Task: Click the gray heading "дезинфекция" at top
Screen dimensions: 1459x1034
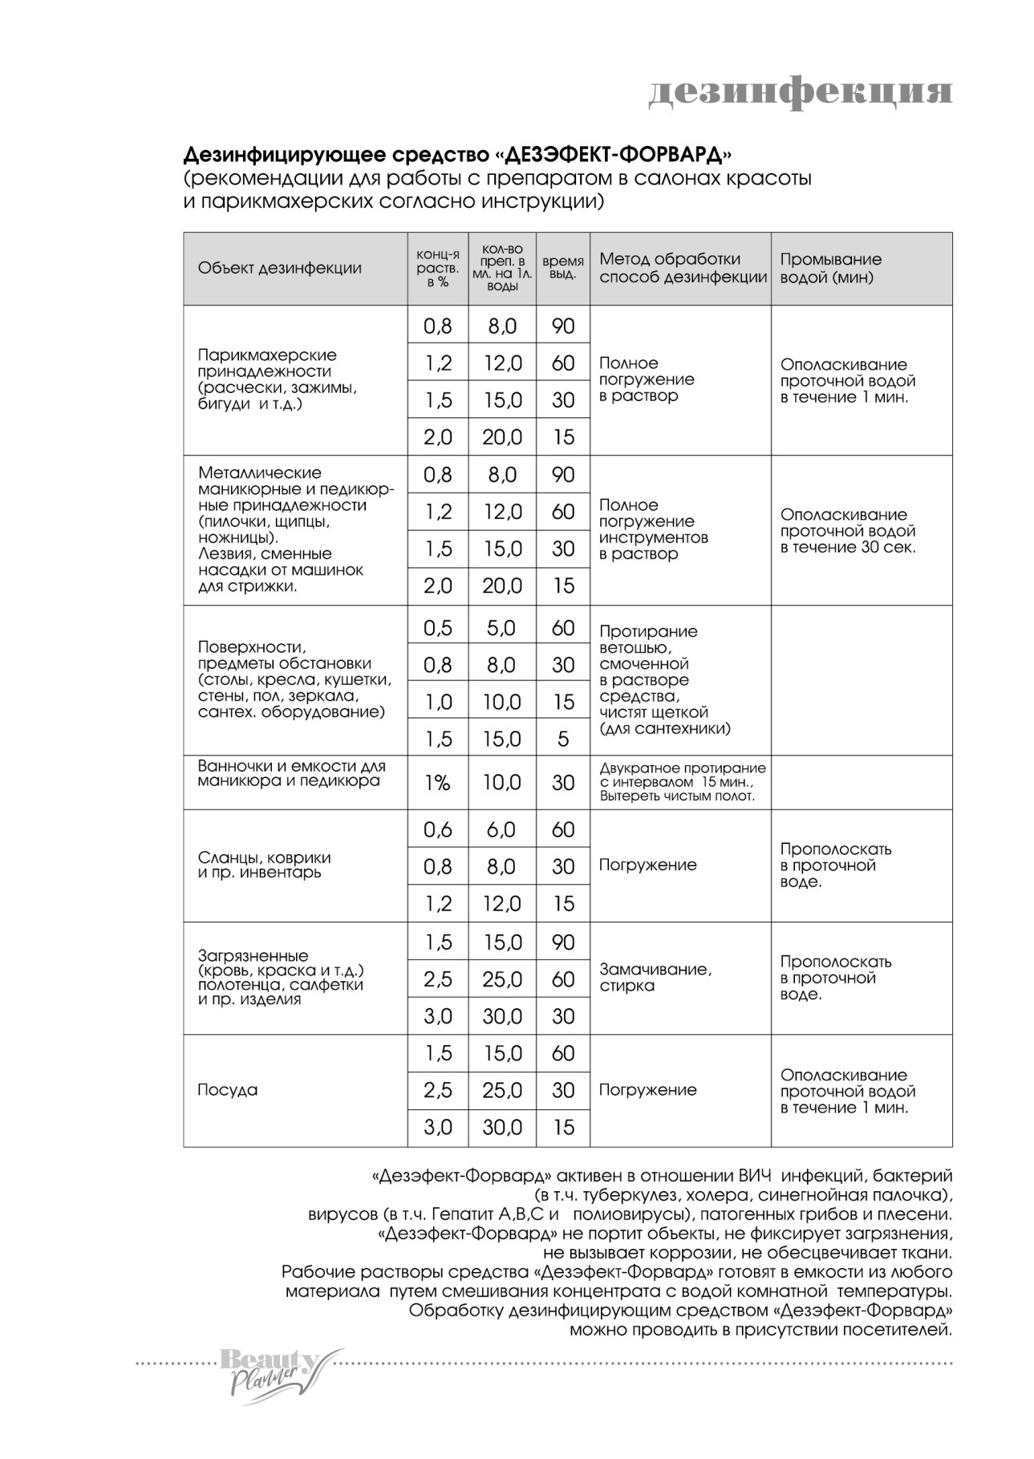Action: tap(800, 91)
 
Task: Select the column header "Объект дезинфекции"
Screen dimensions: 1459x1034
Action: tap(279, 269)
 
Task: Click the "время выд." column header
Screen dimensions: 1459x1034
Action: tap(563, 269)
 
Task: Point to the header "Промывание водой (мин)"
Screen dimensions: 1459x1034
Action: tap(830, 269)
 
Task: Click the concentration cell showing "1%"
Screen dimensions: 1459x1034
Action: tap(437, 783)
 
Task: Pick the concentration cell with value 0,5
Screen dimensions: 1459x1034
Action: tap(437, 628)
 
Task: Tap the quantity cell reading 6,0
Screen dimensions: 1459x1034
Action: tap(502, 829)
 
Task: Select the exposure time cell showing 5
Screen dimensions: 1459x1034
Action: tap(563, 739)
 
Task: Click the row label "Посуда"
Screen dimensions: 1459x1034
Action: tap(228, 1090)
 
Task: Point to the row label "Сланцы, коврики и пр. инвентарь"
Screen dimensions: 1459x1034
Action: tap(264, 865)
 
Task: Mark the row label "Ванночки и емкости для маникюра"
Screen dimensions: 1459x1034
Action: tap(291, 774)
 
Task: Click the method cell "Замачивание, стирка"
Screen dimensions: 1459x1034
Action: tap(655, 977)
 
